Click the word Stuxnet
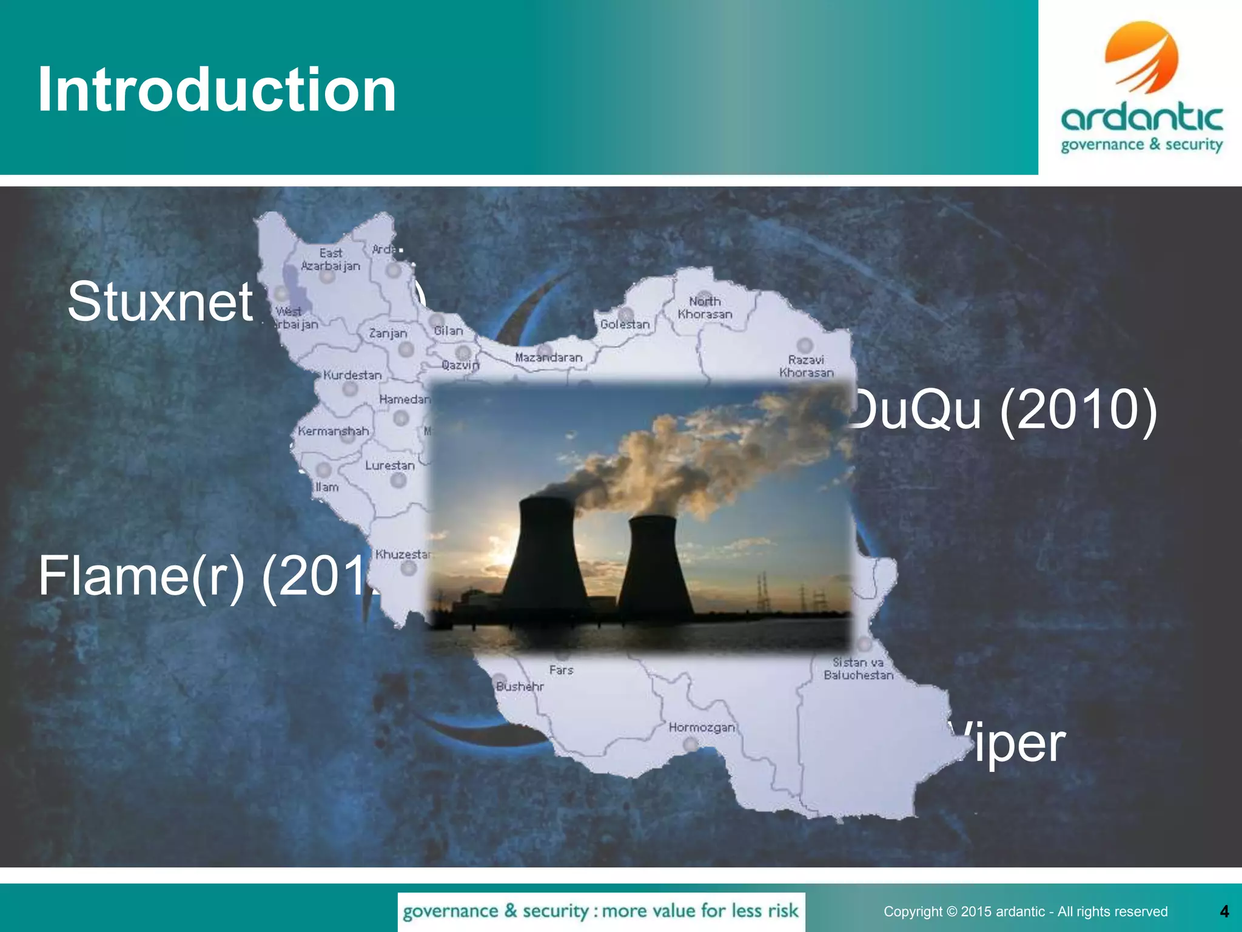pos(160,302)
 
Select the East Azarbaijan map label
pos(331,260)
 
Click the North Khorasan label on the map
pos(705,308)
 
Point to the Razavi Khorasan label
pos(806,366)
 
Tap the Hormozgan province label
pos(702,727)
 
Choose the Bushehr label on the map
pos(520,686)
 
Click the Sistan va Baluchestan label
pos(858,669)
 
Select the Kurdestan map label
pos(352,375)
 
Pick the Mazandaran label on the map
pos(548,357)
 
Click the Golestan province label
pos(625,324)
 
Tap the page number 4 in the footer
pos(1224,911)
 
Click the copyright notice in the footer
pos(1025,911)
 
